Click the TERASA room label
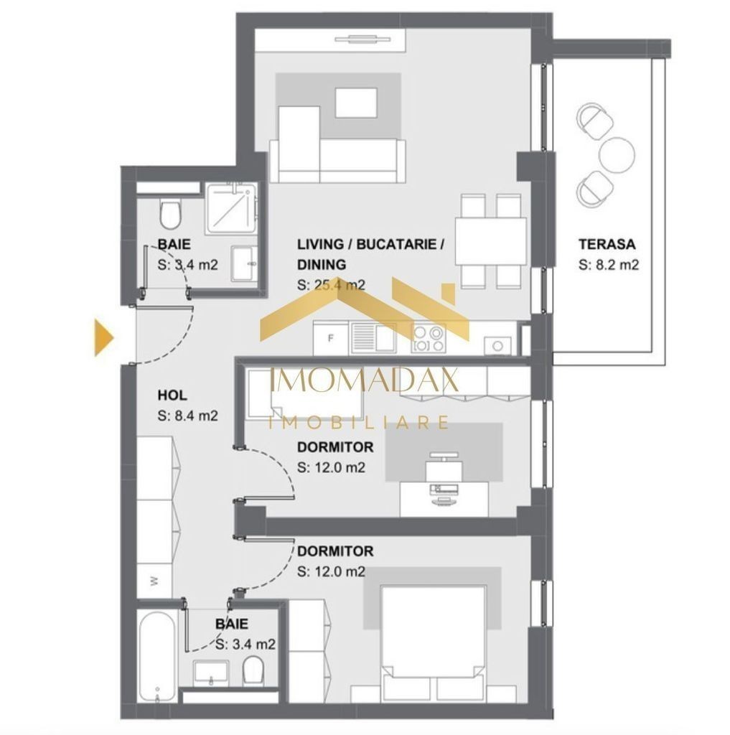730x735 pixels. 607,244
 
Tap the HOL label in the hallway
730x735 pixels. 172,395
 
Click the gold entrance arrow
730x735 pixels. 104,337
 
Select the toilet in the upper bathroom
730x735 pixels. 169,214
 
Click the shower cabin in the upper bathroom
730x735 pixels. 231,208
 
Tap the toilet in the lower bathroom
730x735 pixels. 253,670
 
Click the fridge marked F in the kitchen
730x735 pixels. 331,338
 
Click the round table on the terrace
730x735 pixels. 617,155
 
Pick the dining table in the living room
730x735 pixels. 491,240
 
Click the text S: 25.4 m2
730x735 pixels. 331,284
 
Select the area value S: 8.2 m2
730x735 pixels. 608,265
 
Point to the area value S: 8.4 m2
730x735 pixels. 187,416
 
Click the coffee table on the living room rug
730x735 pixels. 356,103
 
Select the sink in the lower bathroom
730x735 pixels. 211,673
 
